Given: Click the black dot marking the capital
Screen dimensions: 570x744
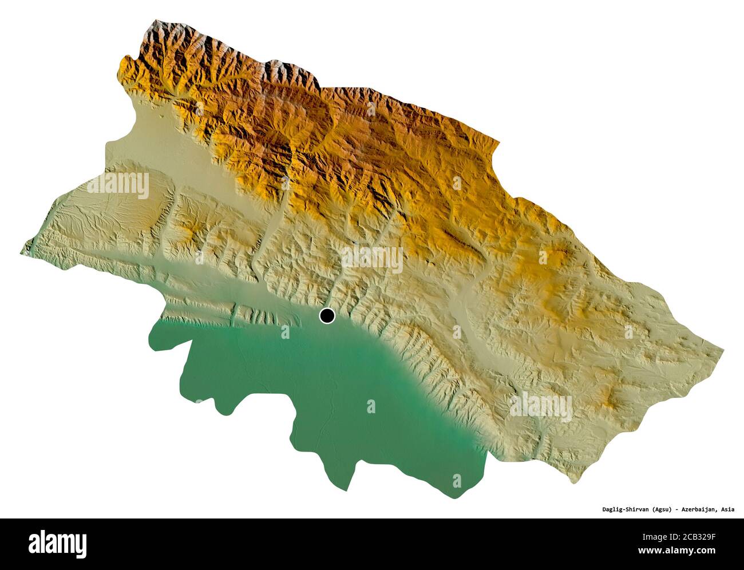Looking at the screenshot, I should coord(327,315).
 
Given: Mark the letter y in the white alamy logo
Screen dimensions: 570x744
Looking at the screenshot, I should coord(81,544).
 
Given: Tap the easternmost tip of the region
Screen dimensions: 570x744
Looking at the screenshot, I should coord(723,347).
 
